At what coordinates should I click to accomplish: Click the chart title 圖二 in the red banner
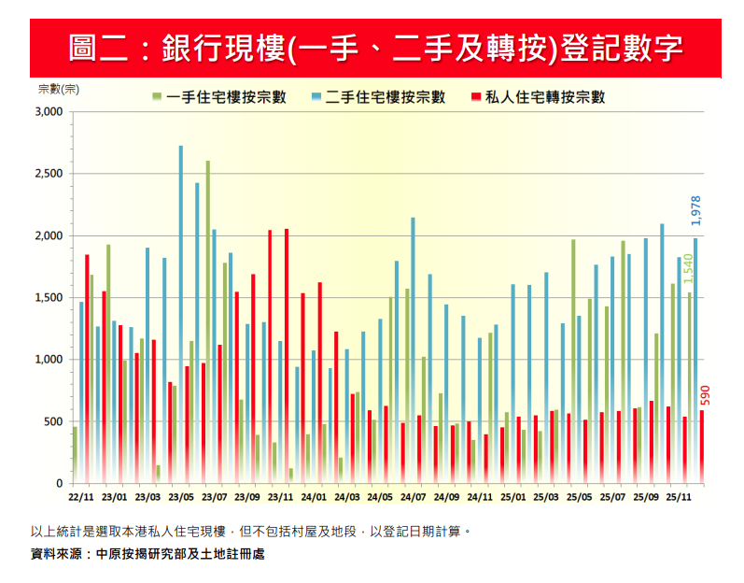click(x=374, y=48)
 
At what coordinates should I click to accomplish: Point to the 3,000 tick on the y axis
click(x=46, y=112)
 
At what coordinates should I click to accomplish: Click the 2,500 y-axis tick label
click(x=46, y=174)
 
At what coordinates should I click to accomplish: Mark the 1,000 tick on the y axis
click(x=46, y=360)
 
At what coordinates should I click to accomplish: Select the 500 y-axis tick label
click(x=51, y=421)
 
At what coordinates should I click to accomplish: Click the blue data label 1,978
click(x=695, y=210)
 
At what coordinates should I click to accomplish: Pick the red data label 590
click(x=705, y=394)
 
